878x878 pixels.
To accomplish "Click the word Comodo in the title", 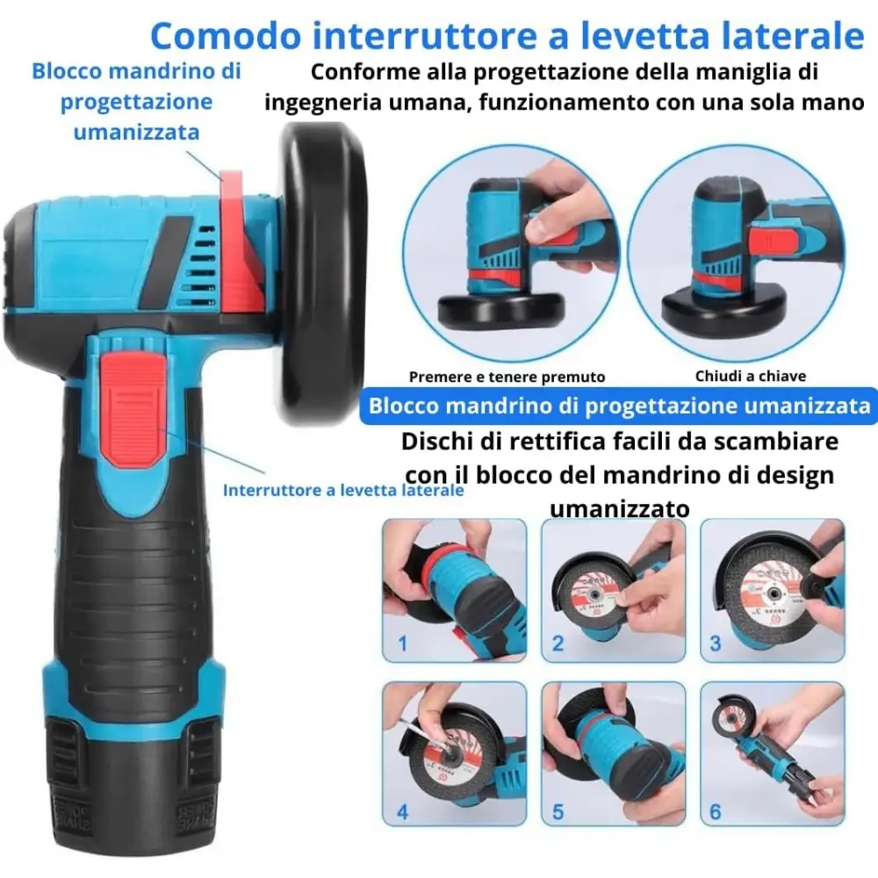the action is coord(227,36).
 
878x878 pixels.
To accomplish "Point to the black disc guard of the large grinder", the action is coord(323,266).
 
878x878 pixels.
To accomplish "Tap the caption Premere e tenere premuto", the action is coord(507,377).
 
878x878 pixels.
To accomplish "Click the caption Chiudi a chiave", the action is coord(751,376).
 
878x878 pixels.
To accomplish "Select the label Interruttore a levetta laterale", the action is coord(343,491).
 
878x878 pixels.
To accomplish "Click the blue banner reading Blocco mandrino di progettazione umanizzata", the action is coord(619,406).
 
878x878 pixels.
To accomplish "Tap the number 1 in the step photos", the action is coord(403,644).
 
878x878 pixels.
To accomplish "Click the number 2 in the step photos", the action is coord(558,644).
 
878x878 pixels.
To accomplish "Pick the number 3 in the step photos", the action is coord(715,644).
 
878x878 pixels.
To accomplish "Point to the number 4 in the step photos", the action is coord(403,812).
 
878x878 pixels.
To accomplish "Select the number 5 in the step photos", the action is coord(558,812).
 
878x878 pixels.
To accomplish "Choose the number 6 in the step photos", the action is coord(715,812).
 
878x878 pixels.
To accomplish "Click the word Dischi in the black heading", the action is coord(439,442).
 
